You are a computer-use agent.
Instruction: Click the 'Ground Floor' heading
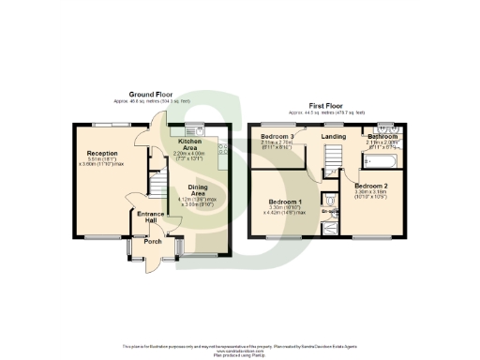[149, 94]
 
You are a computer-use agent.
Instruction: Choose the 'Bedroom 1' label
[285, 202]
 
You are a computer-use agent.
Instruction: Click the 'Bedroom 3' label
[277, 138]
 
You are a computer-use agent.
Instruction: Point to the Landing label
[333, 138]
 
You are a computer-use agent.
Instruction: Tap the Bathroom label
[382, 137]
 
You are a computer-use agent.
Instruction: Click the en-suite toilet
[328, 200]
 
